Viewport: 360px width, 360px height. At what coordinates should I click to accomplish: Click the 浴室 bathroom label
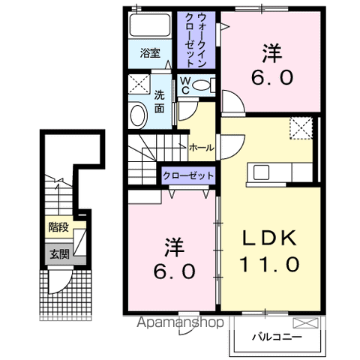coord(150,53)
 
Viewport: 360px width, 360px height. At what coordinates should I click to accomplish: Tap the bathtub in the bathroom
coord(150,25)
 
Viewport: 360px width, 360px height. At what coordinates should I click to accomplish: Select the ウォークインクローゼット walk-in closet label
coord(196,40)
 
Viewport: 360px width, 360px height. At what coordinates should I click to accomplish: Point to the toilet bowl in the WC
coord(201,85)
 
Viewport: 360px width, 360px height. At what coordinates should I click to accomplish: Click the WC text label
coord(185,85)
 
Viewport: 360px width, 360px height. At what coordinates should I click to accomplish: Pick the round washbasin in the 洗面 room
coord(138,116)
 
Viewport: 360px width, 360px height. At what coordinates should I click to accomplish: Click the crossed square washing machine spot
coord(139,84)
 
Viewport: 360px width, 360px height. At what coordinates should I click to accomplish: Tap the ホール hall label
coord(202,148)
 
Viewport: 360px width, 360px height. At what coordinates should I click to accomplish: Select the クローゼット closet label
coord(188,175)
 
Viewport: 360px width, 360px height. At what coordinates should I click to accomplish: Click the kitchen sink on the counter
coord(261,172)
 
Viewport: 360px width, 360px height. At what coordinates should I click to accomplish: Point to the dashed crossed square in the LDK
coord(301,127)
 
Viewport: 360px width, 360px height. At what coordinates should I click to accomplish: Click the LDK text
coord(270,238)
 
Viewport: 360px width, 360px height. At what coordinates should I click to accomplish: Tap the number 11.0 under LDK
coord(270,264)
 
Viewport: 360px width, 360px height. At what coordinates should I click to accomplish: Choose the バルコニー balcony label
coord(277,337)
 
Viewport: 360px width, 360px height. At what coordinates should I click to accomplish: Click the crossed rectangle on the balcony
coord(306,323)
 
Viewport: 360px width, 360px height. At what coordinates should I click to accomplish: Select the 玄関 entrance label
coord(59,254)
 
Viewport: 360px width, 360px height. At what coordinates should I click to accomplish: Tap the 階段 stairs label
coord(58,227)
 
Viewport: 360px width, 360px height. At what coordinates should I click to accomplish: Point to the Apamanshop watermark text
coord(180,322)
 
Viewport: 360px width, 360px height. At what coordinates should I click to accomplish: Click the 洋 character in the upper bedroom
coord(272,53)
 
